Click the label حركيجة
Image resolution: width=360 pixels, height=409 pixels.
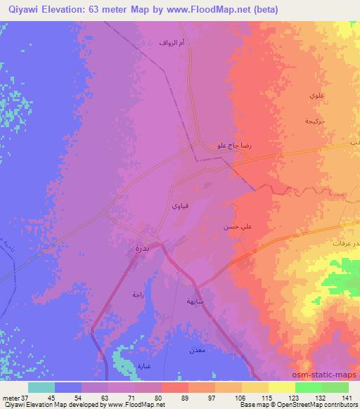click(314, 121)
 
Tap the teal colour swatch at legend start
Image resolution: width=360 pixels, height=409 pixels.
click(41, 387)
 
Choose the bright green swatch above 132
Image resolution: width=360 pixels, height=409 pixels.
click(309, 387)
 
